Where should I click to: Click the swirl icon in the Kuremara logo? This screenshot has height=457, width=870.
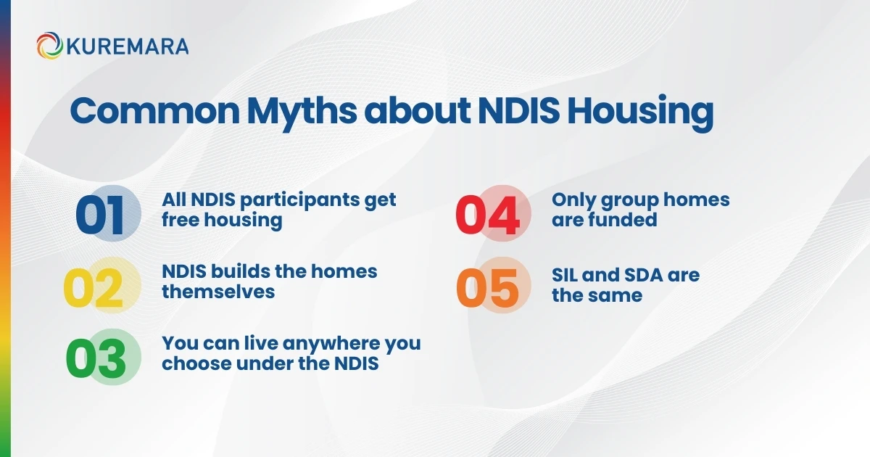(x=49, y=46)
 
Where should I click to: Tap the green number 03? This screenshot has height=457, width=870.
(x=96, y=358)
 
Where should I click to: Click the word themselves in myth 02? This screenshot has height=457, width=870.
(x=218, y=292)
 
